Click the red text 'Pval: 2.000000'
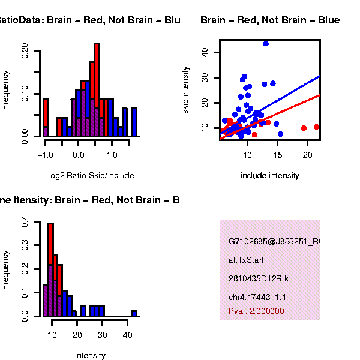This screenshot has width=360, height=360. pyautogui.click(x=256, y=311)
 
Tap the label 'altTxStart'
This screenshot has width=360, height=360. pyautogui.click(x=246, y=260)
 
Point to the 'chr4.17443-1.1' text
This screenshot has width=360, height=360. pyautogui.click(x=257, y=297)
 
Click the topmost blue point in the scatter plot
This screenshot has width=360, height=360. pyautogui.click(x=266, y=43)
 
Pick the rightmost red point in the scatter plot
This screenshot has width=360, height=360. pyautogui.click(x=317, y=127)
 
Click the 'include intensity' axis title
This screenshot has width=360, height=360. pyautogui.click(x=269, y=175)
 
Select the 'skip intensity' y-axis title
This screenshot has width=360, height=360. pyautogui.click(x=185, y=91)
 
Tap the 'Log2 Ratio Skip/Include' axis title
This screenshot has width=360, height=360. pyautogui.click(x=90, y=175)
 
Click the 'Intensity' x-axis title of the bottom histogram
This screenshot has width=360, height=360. pyautogui.click(x=90, y=355)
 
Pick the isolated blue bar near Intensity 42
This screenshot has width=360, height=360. pyautogui.click(x=134, y=313)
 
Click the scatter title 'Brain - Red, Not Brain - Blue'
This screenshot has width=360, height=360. pyautogui.click(x=270, y=20)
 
